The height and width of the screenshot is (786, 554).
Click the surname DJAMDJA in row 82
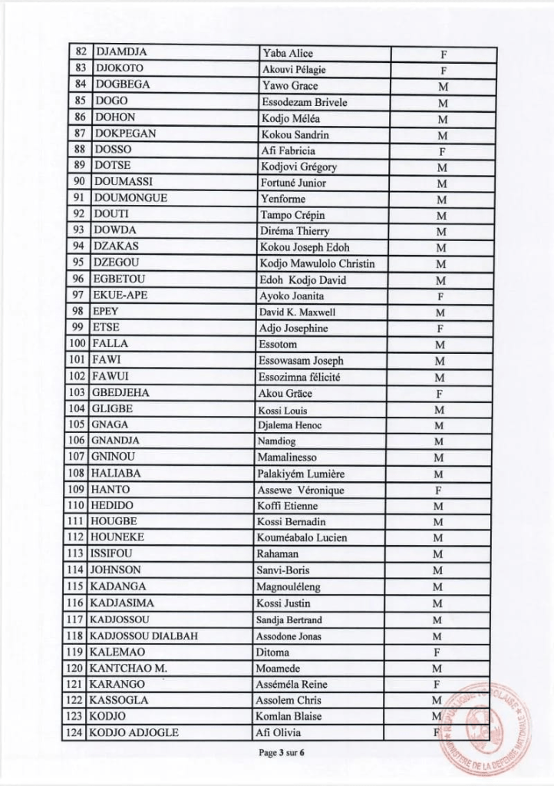pyautogui.click(x=120, y=54)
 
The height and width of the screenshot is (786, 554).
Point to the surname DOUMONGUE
pyautogui.click(x=130, y=199)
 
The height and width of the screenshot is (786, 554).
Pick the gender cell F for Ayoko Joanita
pyautogui.click(x=440, y=296)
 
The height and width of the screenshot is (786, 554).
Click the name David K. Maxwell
pyautogui.click(x=297, y=312)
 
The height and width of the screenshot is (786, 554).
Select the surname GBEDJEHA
pyautogui.click(x=121, y=393)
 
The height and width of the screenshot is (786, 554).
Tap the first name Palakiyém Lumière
pyautogui.click(x=305, y=474)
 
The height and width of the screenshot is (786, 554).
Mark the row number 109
pyautogui.click(x=77, y=490)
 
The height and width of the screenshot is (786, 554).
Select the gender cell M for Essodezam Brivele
pyautogui.click(x=440, y=102)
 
